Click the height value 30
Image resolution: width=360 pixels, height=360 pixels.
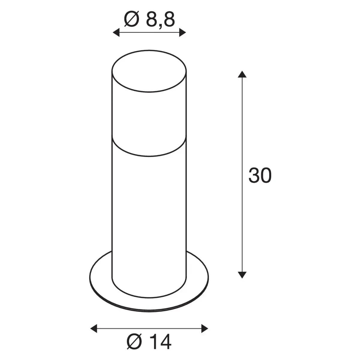pyautogui.click(x=260, y=176)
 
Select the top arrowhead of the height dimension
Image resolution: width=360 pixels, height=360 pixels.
pyautogui.click(x=242, y=74)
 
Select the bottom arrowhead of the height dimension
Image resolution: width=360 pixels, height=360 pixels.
pyautogui.click(x=242, y=274)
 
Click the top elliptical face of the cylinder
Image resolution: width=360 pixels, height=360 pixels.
pyautogui.click(x=149, y=72)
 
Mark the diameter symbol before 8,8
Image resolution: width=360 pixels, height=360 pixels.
pyautogui.click(x=131, y=19)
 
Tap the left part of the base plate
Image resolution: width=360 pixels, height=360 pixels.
pyautogui.click(x=101, y=279)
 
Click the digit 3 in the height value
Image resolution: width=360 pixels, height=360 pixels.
pyautogui.click(x=254, y=176)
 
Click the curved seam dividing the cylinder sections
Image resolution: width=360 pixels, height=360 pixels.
pyautogui.click(x=149, y=155)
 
